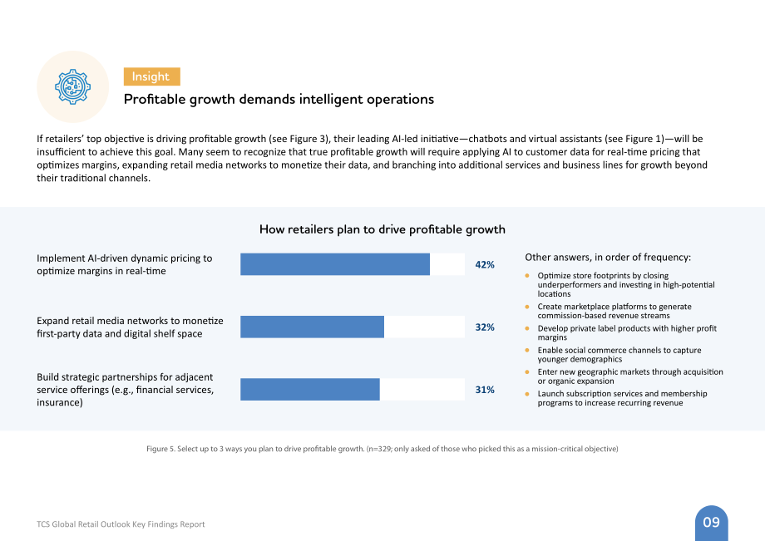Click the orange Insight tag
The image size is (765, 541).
151,76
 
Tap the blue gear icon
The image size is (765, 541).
72,86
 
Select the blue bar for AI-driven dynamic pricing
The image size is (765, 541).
335,264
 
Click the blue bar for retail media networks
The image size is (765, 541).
313,327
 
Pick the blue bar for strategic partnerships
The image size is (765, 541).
310,390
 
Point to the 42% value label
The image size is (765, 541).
485,264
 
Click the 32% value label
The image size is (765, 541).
485,327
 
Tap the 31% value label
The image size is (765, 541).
485,390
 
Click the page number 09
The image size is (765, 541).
711,523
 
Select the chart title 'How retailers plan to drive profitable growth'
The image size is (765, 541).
382,229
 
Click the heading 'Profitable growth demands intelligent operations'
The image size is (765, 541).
279,100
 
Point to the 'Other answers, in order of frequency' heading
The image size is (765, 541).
608,258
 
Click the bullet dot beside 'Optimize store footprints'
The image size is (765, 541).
527,276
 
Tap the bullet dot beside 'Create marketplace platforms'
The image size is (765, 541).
527,307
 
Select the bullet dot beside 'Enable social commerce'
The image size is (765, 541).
527,351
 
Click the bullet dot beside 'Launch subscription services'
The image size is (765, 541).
527,394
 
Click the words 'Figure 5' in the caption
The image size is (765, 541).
160,449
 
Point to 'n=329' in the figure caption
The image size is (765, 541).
379,449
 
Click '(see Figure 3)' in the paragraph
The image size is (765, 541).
298,139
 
